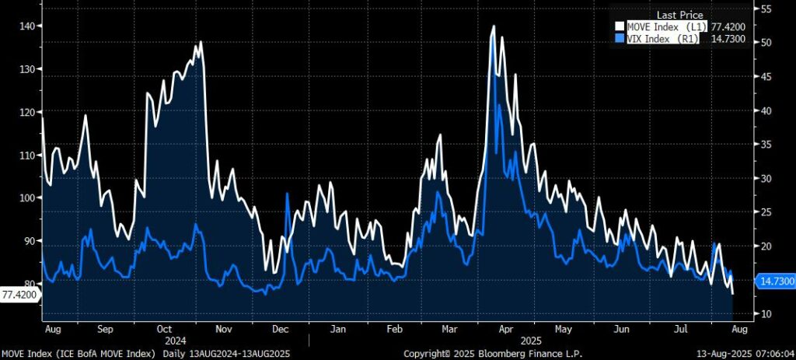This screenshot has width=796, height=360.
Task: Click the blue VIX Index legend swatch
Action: pyautogui.click(x=620, y=38)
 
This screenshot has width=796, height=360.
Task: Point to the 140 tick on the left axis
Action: pyautogui.click(x=28, y=26)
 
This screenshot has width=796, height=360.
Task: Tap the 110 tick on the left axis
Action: pyautogui.click(x=28, y=156)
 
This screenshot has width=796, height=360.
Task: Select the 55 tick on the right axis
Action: pyautogui.click(x=766, y=9)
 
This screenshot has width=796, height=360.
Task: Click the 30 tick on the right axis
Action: pyautogui.click(x=766, y=178)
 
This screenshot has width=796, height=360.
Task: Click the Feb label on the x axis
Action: pyautogui.click(x=395, y=330)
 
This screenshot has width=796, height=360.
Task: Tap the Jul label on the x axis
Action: pyautogui.click(x=681, y=330)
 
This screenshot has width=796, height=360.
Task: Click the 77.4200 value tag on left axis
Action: pyautogui.click(x=18, y=295)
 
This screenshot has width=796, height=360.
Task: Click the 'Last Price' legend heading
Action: pyautogui.click(x=680, y=15)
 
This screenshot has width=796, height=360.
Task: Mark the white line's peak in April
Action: pyautogui.click(x=493, y=26)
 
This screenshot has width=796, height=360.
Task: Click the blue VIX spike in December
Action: pyautogui.click(x=288, y=194)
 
